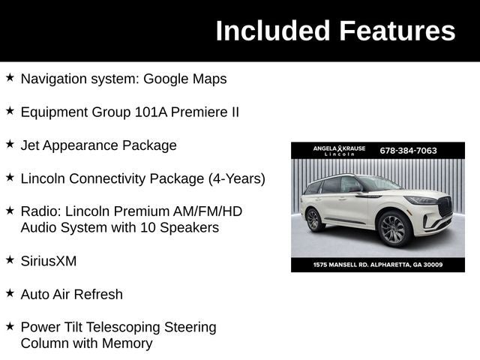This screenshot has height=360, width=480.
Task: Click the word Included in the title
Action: (273, 31)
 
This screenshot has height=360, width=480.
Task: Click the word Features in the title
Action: (397, 31)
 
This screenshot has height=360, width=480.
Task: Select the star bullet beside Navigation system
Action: (10, 77)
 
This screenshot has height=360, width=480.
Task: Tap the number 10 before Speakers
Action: (144, 227)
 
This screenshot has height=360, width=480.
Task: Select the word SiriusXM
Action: (49, 261)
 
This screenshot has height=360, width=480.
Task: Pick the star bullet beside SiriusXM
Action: (10, 259)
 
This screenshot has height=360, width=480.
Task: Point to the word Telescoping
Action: (124, 327)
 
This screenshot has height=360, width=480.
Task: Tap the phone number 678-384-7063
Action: (408, 150)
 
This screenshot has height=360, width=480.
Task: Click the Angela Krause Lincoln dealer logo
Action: (339, 151)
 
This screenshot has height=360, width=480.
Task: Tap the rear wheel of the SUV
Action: (313, 220)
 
